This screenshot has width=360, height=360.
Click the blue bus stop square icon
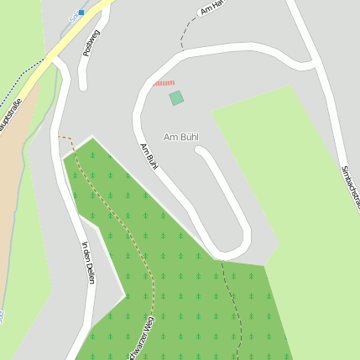(x=81, y=12)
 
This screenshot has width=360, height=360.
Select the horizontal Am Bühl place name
(x=180, y=137)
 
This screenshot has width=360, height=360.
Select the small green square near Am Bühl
(x=176, y=98)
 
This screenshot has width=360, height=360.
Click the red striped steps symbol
(x=164, y=83)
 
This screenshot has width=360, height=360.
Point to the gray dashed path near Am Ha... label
(x=184, y=34)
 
